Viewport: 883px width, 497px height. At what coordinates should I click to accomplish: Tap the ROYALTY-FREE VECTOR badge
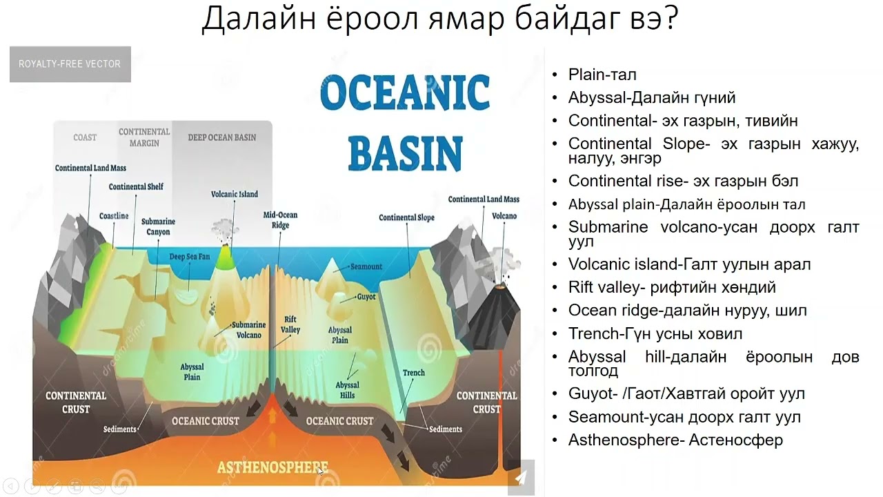[70, 64]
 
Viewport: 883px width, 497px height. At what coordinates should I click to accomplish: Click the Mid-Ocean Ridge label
[280, 220]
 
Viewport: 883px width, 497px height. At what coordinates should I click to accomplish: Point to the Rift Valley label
[290, 325]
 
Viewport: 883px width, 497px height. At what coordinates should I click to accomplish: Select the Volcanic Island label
[235, 195]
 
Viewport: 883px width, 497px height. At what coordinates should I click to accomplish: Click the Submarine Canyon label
[158, 226]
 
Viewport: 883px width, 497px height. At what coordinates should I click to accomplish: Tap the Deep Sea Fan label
[189, 257]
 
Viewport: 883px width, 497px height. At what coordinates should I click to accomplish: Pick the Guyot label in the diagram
[366, 297]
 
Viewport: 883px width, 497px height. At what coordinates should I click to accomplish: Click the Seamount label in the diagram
[366, 266]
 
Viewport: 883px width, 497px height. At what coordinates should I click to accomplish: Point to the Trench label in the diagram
[414, 373]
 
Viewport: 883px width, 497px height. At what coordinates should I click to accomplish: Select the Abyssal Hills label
[347, 390]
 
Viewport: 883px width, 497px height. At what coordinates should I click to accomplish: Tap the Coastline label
[114, 216]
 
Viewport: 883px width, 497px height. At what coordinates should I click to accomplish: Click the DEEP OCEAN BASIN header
[221, 137]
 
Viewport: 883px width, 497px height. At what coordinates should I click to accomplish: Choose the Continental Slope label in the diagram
[406, 217]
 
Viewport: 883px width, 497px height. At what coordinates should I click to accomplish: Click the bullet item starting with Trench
[655, 334]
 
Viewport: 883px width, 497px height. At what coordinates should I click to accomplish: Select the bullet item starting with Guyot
[686, 394]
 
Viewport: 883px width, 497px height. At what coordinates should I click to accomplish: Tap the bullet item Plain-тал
[602, 75]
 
